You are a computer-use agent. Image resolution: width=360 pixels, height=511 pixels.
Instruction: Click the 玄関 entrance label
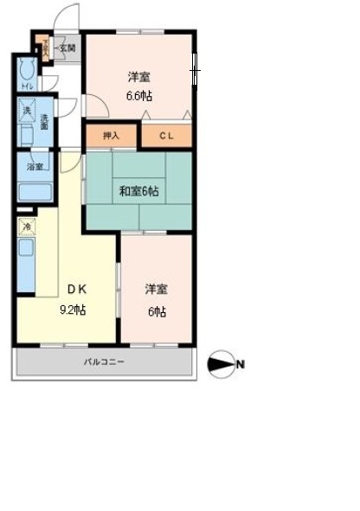(67, 48)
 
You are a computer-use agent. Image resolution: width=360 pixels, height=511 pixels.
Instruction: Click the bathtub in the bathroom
(35, 192)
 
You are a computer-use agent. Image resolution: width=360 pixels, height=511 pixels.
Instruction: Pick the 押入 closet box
(111, 137)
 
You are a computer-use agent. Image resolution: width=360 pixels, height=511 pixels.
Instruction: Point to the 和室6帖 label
(138, 191)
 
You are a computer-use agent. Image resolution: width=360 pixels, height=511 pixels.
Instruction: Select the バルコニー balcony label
(104, 362)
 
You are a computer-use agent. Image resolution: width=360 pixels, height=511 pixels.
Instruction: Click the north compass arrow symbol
(222, 365)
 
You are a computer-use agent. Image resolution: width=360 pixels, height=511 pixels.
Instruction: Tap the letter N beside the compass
(241, 365)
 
